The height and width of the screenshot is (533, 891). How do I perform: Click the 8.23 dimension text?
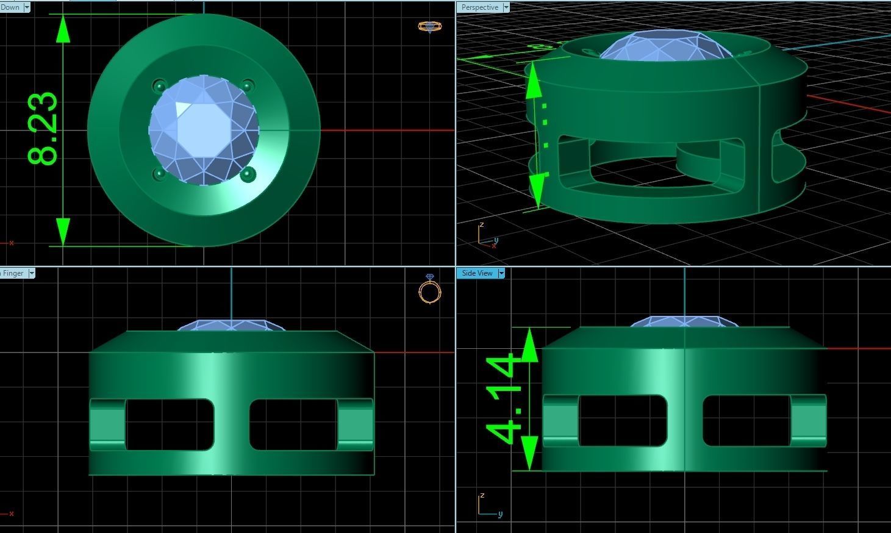pos(43,129)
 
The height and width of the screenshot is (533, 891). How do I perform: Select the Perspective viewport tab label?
pos(479,7)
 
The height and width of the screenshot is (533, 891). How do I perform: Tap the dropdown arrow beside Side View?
pos(501,273)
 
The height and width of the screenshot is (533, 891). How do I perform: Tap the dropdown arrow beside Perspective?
pos(506,7)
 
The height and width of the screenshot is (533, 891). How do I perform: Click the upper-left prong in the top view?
pos(159,85)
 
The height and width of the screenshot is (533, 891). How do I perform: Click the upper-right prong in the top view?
pos(247,85)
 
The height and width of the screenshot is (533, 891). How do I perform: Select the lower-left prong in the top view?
pos(159,174)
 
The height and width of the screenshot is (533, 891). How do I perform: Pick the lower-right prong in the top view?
pos(247,174)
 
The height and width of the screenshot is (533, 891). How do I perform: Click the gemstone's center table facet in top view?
pos(203,130)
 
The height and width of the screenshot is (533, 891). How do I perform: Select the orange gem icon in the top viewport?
pos(430,26)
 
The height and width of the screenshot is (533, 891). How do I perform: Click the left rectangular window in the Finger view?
pos(170,424)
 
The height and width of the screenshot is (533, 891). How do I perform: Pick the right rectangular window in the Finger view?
pos(293,424)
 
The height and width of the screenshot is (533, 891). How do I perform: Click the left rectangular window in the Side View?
pos(622,421)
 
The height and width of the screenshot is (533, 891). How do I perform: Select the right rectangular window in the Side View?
pos(746,421)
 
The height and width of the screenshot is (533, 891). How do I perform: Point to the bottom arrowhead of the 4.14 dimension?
pos(529,454)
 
